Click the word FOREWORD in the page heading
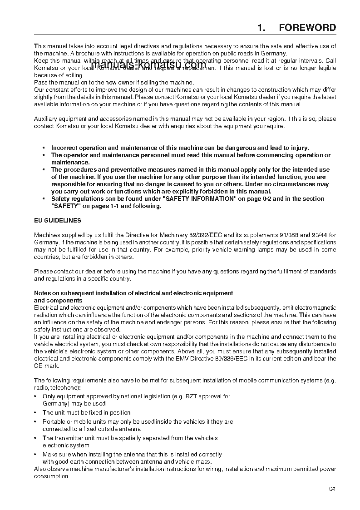pos(307,28)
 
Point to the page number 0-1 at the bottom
pos(332,489)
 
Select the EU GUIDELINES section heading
pos(58,220)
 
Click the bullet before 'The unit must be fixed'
pos(36,413)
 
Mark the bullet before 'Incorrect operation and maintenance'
pos(44,148)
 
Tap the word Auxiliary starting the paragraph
pos(46,119)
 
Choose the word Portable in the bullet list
pos(54,421)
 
